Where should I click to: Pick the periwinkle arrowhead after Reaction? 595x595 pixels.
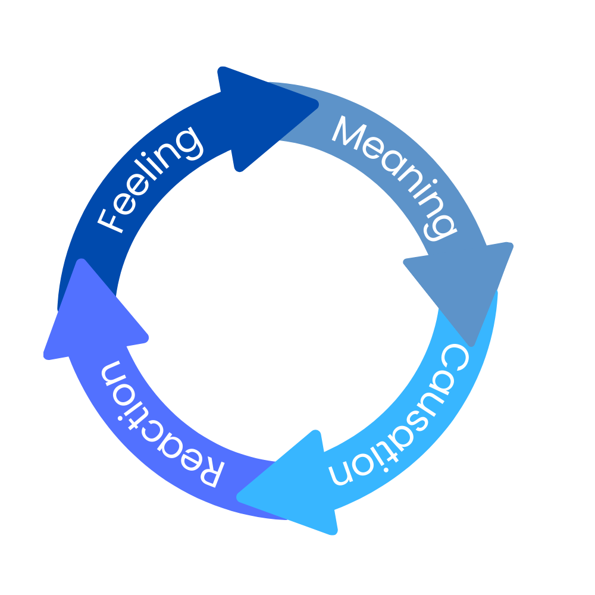coord(89,315)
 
